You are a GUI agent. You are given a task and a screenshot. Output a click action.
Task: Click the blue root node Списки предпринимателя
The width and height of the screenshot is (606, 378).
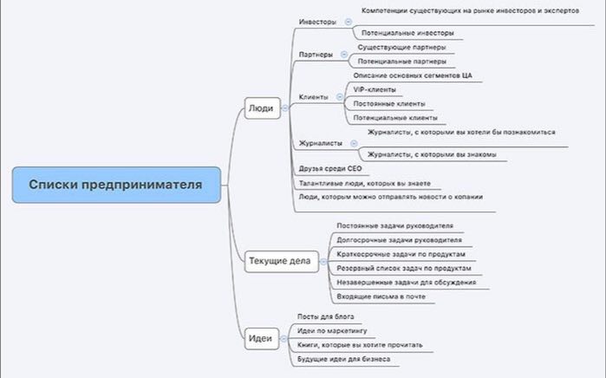coord(116,185)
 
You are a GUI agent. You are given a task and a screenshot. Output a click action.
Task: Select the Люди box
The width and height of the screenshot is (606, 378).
coord(263,108)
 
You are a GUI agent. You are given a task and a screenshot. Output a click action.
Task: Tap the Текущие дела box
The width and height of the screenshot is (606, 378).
coord(282,261)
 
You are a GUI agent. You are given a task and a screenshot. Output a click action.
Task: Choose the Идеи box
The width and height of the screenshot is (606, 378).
coord(262,339)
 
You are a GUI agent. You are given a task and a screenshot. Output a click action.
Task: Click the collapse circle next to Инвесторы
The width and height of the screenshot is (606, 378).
coord(349,22)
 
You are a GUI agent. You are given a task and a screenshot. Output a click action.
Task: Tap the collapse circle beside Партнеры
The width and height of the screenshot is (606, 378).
coord(344,55)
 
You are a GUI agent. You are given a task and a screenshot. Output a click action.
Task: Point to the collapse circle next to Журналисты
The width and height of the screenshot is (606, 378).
coord(354,143)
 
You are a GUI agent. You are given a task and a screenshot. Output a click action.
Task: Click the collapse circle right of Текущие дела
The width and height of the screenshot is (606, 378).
coord(323,262)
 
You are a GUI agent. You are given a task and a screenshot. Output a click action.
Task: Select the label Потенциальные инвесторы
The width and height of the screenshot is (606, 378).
coord(407,33)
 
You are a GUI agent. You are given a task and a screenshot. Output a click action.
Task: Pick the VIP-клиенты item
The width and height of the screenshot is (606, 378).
coord(375,89)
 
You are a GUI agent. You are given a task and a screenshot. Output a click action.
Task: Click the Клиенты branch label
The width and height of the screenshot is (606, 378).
coord(314,97)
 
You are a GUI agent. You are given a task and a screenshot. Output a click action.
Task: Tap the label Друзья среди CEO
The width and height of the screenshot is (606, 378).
coord(330,168)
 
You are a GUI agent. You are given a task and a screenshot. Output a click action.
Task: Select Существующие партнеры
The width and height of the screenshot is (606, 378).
coord(402,48)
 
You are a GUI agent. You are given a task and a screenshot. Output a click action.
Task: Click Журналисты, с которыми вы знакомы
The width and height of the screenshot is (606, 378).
coord(432,154)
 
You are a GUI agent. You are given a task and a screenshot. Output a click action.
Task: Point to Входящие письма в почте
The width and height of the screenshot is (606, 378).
coord(381,297)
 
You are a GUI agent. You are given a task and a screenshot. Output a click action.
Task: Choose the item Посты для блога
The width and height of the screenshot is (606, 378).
coord(326,316)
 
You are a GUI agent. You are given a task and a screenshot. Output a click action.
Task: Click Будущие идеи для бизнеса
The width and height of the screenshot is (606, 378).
coord(344,359)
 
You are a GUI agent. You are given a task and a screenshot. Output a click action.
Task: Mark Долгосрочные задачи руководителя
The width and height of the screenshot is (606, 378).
coord(400,240)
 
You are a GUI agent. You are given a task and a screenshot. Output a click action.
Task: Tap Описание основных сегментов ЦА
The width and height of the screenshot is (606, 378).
coord(413,75)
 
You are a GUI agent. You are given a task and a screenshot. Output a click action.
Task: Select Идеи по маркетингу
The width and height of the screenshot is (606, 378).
coord(332,331)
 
